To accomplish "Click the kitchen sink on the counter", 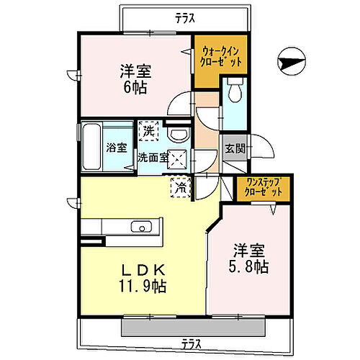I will click(141, 228).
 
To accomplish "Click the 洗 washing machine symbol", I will click(148, 131).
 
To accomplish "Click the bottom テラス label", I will click(190, 343).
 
